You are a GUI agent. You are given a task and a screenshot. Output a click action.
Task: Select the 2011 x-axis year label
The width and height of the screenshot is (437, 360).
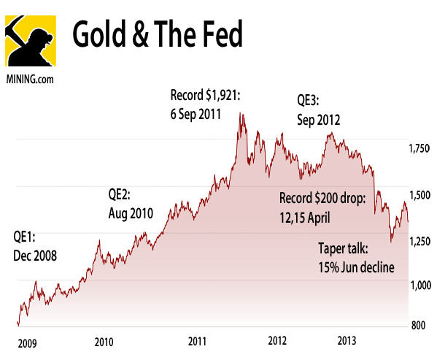(197, 340)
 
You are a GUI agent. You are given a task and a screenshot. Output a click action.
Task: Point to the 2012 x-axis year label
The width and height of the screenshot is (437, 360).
(277, 340)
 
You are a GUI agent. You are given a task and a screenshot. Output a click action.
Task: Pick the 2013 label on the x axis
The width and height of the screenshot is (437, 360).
(347, 340)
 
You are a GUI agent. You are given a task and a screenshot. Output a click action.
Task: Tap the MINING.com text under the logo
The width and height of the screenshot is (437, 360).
(30, 76)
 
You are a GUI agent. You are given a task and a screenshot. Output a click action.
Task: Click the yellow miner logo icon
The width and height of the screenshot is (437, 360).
(31, 38)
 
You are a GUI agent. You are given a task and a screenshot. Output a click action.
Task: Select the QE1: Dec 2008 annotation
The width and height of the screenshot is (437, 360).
(35, 246)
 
